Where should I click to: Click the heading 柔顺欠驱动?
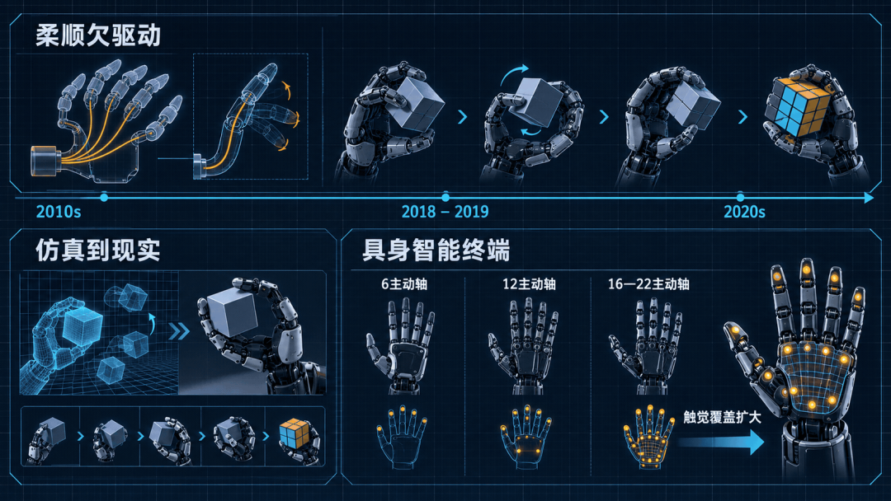click(x=98, y=35)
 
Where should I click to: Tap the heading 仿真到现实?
click(x=97, y=250)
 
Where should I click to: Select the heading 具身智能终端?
click(x=436, y=250)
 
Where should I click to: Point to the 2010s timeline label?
click(x=59, y=213)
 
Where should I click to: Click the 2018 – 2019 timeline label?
click(x=445, y=213)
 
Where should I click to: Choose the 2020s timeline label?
click(x=744, y=213)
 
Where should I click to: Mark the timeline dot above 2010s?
click(x=104, y=198)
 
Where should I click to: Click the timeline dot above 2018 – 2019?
click(x=445, y=197)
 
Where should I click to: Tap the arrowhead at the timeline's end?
click(x=869, y=198)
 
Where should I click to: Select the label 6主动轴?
click(x=404, y=283)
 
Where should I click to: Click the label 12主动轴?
click(x=529, y=283)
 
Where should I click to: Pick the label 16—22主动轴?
click(x=648, y=283)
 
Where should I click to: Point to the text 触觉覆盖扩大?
click(x=722, y=418)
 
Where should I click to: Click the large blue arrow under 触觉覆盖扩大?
click(x=722, y=442)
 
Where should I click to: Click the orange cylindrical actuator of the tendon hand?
click(x=44, y=161)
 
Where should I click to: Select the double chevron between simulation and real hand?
click(x=179, y=330)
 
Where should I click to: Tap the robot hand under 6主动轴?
click(x=401, y=346)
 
